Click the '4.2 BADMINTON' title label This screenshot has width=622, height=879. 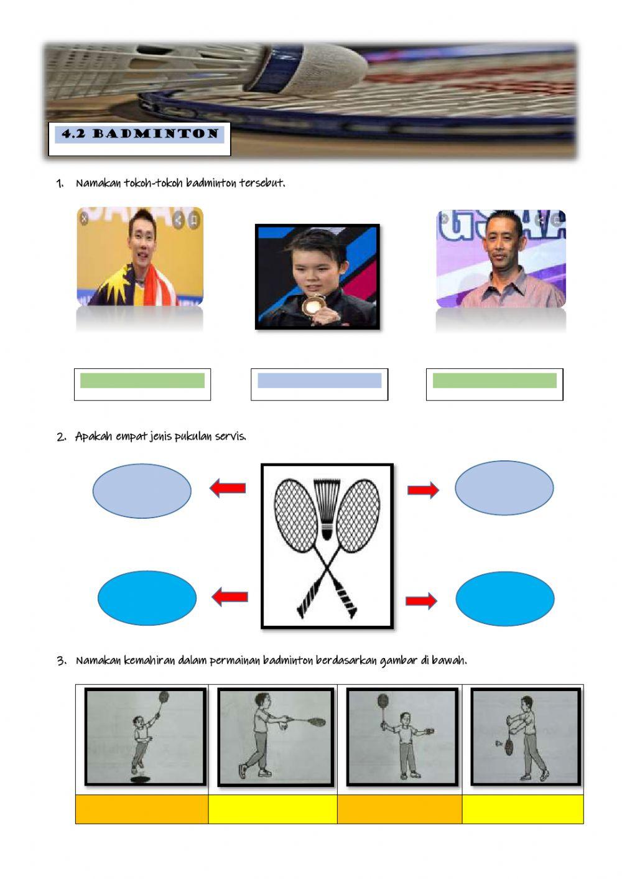pyautogui.click(x=140, y=134)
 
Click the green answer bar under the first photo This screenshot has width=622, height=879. pyautogui.click(x=142, y=381)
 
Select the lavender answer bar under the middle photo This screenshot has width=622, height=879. pyautogui.click(x=319, y=381)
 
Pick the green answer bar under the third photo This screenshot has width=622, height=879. pyautogui.click(x=494, y=381)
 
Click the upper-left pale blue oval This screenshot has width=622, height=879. pyautogui.click(x=142, y=491)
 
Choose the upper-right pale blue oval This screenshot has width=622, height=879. pyautogui.click(x=504, y=488)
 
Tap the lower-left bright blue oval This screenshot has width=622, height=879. pyautogui.click(x=147, y=598)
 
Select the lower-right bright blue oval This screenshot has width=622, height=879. pyautogui.click(x=504, y=598)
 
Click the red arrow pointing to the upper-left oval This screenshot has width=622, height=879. pyautogui.click(x=228, y=488)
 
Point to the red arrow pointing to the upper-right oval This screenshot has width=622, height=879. pyautogui.click(x=423, y=490)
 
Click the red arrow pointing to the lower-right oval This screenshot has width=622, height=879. pyautogui.click(x=421, y=600)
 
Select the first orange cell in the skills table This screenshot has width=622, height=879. pyautogui.click(x=142, y=809)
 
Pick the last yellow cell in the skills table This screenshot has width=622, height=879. pyautogui.click(x=522, y=809)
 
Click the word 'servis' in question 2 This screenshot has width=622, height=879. pyautogui.click(x=231, y=436)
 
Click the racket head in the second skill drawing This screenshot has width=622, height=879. pyautogui.click(x=315, y=722)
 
